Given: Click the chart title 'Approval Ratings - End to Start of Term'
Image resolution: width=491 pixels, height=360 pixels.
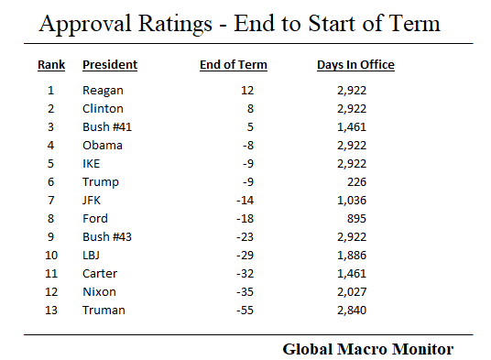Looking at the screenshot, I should point(239,23).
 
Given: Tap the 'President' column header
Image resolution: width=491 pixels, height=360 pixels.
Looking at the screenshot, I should point(110,65).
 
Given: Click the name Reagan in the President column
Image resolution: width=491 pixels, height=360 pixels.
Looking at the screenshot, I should point(103,91).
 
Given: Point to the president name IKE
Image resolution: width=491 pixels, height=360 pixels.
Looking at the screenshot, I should point(93,164).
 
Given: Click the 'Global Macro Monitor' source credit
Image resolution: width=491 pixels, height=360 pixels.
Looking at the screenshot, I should point(367,349).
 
